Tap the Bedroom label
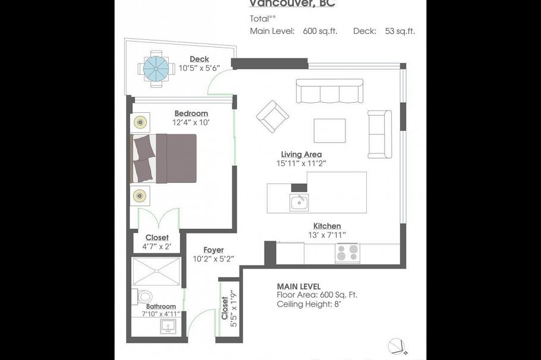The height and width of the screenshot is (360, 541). coord(191,113)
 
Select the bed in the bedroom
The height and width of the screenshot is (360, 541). coord(164,158)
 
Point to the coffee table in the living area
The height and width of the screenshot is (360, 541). coord(329,131)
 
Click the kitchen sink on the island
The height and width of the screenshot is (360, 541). coord(299,203)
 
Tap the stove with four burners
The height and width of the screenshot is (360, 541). coord(347,253)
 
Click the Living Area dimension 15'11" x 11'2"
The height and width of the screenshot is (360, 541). coord(301,163)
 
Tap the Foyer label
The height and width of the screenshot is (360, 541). coord(213,250)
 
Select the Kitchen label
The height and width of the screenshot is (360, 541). coord(327,226)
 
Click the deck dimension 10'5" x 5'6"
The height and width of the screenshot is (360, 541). coord(199,68)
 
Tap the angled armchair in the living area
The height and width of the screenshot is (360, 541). coord(272,116)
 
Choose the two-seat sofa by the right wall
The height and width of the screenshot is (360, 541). coord(379,134)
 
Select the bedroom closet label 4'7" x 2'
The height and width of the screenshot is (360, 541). coord(157,246)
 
